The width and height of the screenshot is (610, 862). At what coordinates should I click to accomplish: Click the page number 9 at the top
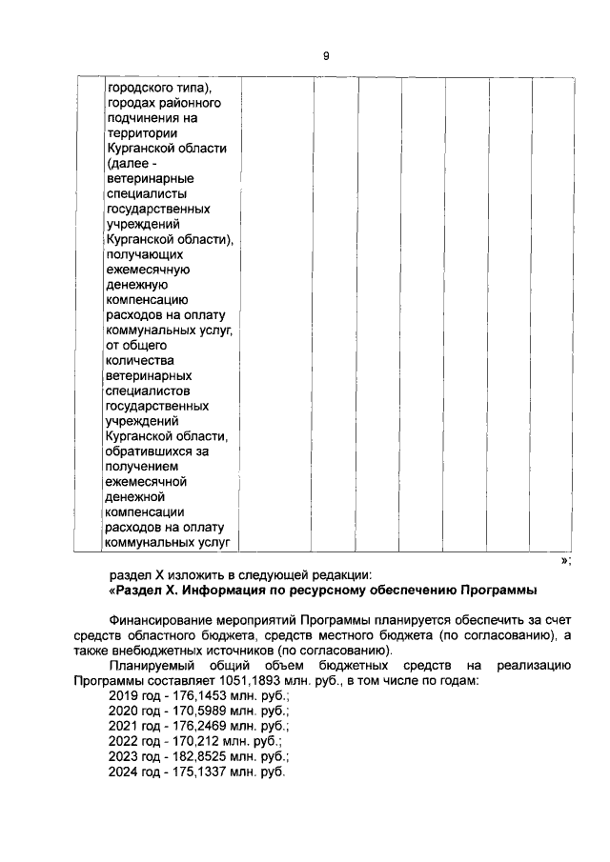pyautogui.click(x=326, y=56)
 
